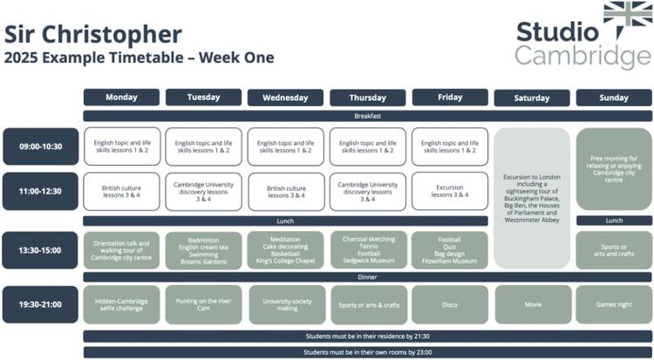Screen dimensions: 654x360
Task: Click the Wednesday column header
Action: click(285, 98)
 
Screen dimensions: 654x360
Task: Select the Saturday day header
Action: click(532, 98)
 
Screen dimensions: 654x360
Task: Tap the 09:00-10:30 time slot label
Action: click(40, 146)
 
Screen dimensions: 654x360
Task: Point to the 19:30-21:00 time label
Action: click(40, 304)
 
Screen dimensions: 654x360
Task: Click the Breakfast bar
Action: click(367, 116)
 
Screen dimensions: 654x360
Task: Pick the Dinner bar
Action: click(367, 277)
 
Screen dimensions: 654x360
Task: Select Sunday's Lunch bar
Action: click(614, 221)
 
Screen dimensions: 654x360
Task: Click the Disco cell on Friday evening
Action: click(450, 304)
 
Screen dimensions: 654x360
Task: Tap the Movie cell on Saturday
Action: click(533, 304)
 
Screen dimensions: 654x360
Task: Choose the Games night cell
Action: click(614, 304)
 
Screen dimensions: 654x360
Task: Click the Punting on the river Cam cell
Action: click(203, 304)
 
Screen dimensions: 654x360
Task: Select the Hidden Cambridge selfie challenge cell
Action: click(121, 304)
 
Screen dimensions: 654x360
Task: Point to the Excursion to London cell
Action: click(532, 198)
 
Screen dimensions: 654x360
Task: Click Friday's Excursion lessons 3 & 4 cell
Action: click(450, 191)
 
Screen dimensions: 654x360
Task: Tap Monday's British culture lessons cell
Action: click(121, 192)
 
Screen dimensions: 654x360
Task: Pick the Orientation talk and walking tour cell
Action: click(121, 250)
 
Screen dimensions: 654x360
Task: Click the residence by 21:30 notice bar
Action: click(367, 336)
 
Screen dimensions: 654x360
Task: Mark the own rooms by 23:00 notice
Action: click(367, 352)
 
